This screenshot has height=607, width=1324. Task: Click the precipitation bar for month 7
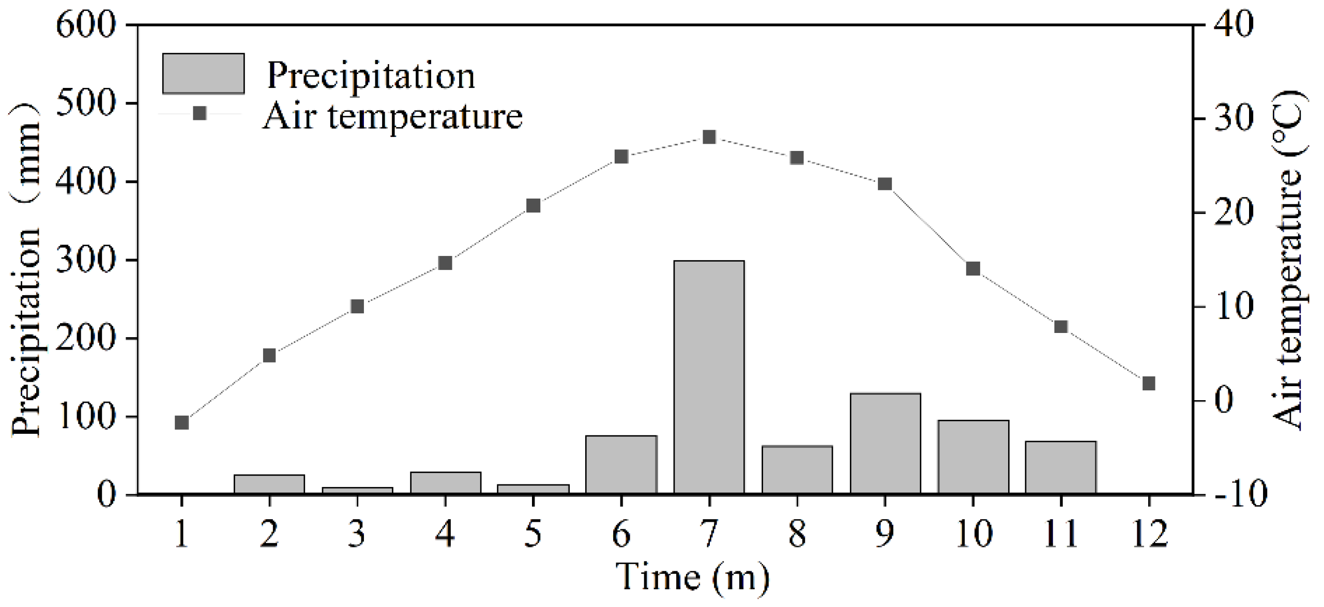pyautogui.click(x=709, y=377)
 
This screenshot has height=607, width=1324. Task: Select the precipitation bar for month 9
pyautogui.click(x=885, y=444)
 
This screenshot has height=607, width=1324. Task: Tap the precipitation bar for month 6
pyautogui.click(x=621, y=465)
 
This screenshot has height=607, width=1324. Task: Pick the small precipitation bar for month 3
pyautogui.click(x=357, y=491)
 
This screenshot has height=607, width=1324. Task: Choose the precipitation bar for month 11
pyautogui.click(x=1061, y=467)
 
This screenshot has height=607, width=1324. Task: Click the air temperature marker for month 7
pyautogui.click(x=709, y=137)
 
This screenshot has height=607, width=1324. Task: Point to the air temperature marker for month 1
pyautogui.click(x=181, y=422)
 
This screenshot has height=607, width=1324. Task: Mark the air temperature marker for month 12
pyautogui.click(x=1149, y=384)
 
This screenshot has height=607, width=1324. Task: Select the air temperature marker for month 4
pyautogui.click(x=445, y=263)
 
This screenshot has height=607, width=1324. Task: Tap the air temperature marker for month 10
pyautogui.click(x=973, y=269)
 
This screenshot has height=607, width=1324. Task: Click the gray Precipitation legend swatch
pyautogui.click(x=203, y=73)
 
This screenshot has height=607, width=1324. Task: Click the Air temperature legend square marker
pyautogui.click(x=200, y=113)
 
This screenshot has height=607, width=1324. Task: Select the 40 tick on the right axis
pyautogui.click(x=1232, y=24)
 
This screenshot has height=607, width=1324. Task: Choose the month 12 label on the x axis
pyautogui.click(x=1149, y=534)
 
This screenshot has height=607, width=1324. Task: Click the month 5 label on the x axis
pyautogui.click(x=533, y=534)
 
